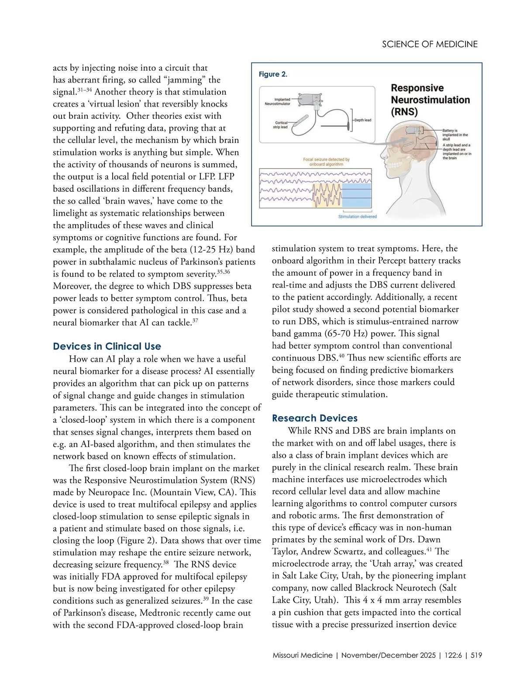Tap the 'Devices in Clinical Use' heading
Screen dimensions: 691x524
coord(107,346)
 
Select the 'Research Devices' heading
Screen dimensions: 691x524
coord(314,418)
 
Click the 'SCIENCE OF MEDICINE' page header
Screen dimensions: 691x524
coord(430,44)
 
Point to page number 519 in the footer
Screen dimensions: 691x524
coord(476,655)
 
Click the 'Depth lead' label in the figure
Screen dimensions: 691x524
coord(362,120)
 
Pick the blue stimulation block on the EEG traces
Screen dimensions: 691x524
coord(357,195)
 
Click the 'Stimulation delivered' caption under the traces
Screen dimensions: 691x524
coord(357,217)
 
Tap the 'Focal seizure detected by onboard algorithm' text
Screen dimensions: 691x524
coord(326,162)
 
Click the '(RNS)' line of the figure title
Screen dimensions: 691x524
coord(404,111)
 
